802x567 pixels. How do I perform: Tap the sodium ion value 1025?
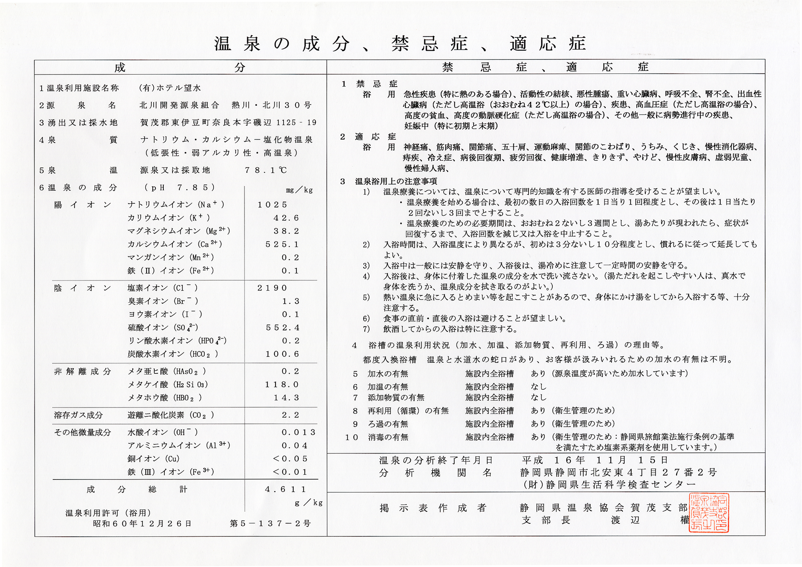tap(272, 205)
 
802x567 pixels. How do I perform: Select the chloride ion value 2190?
tap(272, 288)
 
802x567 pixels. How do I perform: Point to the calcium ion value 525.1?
tap(282, 244)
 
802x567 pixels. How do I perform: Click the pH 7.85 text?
tap(180, 188)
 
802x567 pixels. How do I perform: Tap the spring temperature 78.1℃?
tap(266, 170)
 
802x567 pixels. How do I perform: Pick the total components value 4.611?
tap(285, 489)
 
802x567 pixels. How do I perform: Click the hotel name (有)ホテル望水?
tap(170, 88)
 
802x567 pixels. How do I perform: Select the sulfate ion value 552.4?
tap(283, 328)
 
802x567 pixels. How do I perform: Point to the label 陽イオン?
tap(83, 205)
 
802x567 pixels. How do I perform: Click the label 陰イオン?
tap(83, 288)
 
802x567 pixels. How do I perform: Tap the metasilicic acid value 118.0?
tap(282, 385)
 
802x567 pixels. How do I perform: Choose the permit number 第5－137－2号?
tap(270, 523)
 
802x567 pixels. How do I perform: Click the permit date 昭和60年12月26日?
tap(142, 523)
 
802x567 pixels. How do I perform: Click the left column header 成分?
tap(180, 67)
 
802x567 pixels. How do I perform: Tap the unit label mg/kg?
tap(299, 190)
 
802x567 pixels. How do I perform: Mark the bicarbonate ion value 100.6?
tap(282, 354)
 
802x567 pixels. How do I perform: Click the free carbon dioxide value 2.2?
tap(290, 415)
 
